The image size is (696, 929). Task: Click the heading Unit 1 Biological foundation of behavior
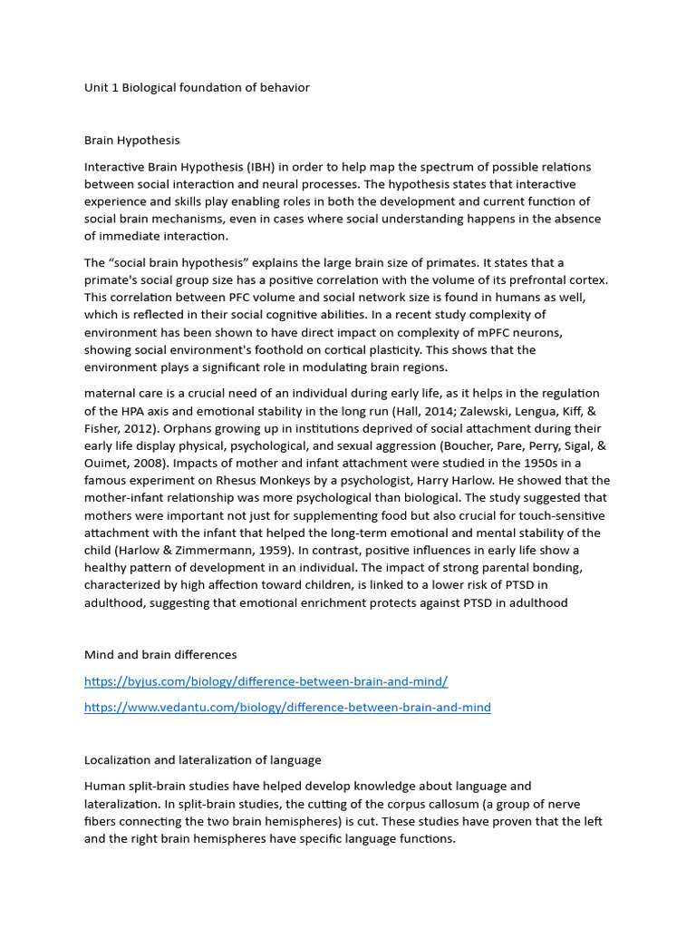pyautogui.click(x=197, y=88)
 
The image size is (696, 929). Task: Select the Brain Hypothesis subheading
pyautogui.click(x=132, y=141)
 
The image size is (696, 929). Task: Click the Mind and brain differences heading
pyautogui.click(x=160, y=655)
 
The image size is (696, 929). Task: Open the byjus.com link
pyautogui.click(x=266, y=681)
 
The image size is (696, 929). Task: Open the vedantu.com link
pyautogui.click(x=287, y=708)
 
